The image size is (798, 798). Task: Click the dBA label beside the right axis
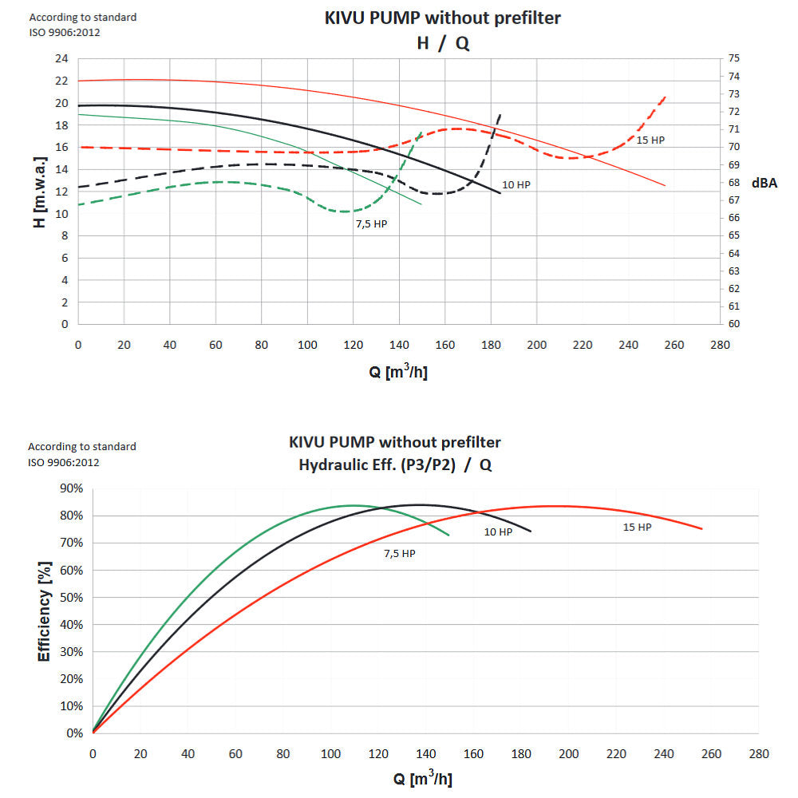pyautogui.click(x=764, y=183)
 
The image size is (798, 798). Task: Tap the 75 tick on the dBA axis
pyautogui.click(x=733, y=58)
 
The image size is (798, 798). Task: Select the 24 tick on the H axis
pyautogui.click(x=61, y=58)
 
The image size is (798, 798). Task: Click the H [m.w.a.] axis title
pyautogui.click(x=40, y=192)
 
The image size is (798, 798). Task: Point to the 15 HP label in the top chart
pyautogui.click(x=650, y=140)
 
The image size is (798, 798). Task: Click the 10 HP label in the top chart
pyautogui.click(x=516, y=185)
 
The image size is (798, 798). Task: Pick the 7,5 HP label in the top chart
pyautogui.click(x=372, y=224)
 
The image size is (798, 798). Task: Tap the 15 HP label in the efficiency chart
pyautogui.click(x=637, y=527)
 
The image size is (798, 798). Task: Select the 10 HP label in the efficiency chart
pyautogui.click(x=498, y=531)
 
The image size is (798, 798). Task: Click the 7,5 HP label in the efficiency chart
pyautogui.click(x=400, y=554)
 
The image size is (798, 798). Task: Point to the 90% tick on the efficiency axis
pyautogui.click(x=72, y=488)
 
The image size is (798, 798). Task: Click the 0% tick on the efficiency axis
pyautogui.click(x=75, y=733)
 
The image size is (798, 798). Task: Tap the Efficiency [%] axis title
pyautogui.click(x=45, y=611)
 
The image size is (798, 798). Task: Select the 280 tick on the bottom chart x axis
pyautogui.click(x=759, y=754)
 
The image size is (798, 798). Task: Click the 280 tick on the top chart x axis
pyautogui.click(x=720, y=345)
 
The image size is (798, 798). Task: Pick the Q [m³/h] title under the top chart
pyautogui.click(x=398, y=372)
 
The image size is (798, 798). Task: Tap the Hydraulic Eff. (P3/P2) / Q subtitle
pyautogui.click(x=395, y=464)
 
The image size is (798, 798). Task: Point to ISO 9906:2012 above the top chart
pyautogui.click(x=65, y=33)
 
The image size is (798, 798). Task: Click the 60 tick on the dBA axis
pyautogui.click(x=733, y=324)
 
